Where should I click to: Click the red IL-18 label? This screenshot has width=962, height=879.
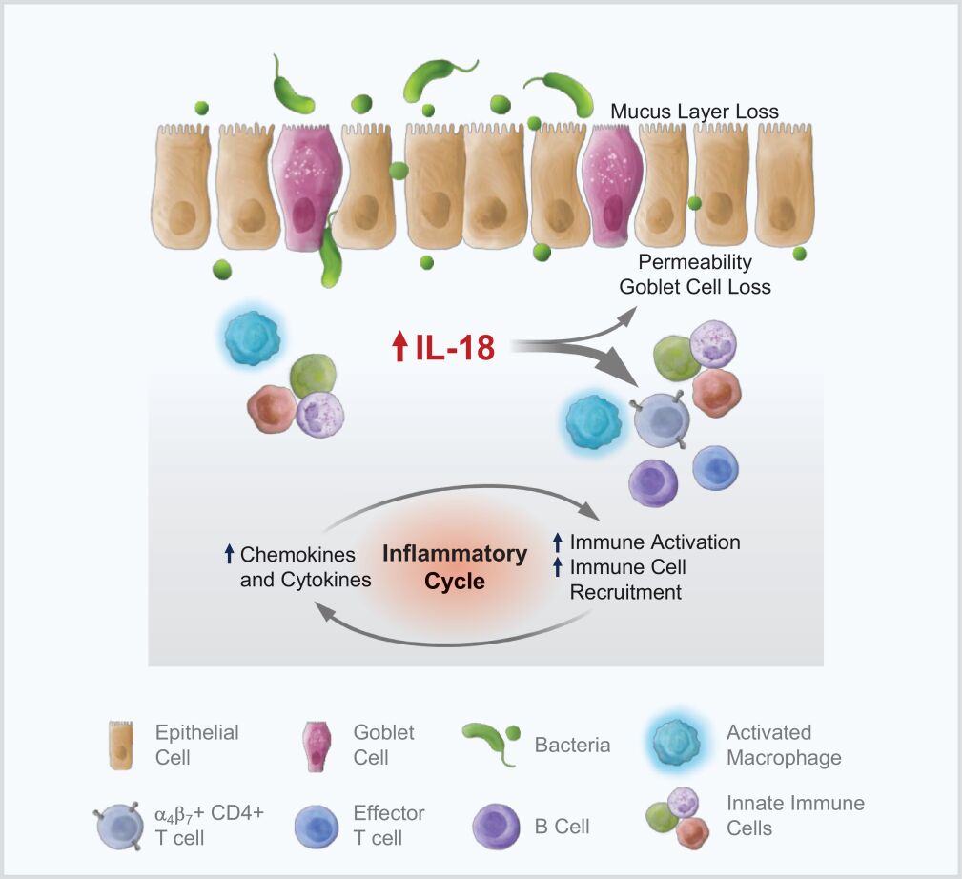[455, 349]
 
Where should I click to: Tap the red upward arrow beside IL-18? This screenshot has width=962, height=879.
[399, 349]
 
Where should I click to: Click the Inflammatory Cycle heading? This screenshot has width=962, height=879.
[455, 567]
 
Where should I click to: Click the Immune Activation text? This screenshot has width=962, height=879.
[655, 542]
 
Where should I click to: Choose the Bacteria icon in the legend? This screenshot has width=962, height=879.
[494, 744]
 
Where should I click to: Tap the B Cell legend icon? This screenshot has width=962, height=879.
[498, 826]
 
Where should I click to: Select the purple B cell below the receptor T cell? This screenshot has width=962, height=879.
[653, 480]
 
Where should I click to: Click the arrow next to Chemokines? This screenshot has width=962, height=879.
[229, 553]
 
